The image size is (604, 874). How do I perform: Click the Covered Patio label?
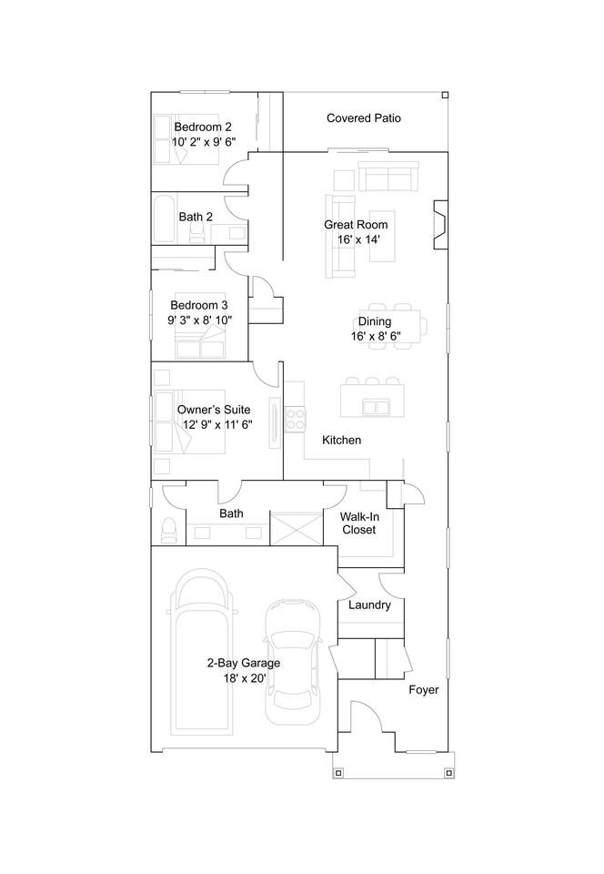(x=364, y=118)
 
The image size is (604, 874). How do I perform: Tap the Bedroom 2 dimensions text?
(x=204, y=142)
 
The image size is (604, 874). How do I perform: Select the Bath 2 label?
(x=196, y=217)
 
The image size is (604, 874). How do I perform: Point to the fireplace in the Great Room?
(x=440, y=225)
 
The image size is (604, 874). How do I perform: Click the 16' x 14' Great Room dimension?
(x=358, y=239)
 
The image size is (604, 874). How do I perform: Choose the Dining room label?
(x=374, y=321)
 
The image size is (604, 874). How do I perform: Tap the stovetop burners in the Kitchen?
(x=295, y=420)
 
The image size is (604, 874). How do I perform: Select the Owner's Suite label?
(x=214, y=410)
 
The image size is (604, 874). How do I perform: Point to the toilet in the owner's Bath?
(x=168, y=530)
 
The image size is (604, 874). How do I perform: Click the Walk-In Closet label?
(x=359, y=523)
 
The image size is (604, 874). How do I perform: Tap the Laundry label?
(x=369, y=605)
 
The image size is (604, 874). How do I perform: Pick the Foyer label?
(x=424, y=690)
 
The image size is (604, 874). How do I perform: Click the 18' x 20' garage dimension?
(x=245, y=678)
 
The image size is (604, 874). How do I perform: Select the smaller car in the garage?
(x=293, y=662)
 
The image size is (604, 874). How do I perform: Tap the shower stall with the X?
(x=297, y=528)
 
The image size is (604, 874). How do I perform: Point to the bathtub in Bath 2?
(x=165, y=219)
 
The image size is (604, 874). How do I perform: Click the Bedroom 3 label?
(x=198, y=306)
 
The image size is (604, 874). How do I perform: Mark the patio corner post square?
(x=445, y=96)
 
